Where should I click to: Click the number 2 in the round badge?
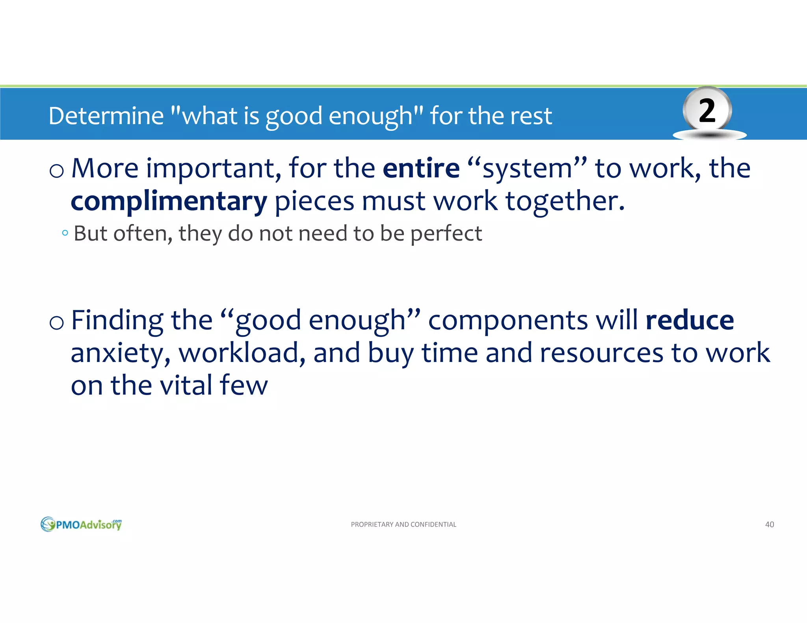tap(707, 111)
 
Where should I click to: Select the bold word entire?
tap(421, 169)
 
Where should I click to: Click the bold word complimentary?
tap(169, 202)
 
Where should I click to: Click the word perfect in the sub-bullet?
tap(446, 234)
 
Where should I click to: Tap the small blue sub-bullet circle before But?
tap(65, 233)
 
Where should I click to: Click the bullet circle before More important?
tap(57, 171)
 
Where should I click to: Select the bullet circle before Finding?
tap(57, 323)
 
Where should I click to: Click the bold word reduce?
tap(690, 321)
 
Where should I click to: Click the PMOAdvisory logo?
tap(81, 524)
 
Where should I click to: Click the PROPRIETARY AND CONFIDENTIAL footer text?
tap(403, 525)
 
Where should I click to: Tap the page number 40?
tap(769, 525)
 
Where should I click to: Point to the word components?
tap(508, 321)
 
